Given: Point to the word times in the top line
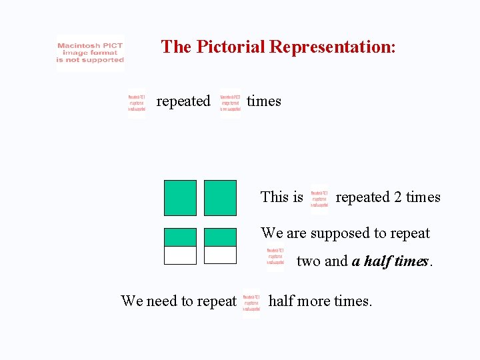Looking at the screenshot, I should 264,101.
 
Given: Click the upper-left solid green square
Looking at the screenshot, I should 180,198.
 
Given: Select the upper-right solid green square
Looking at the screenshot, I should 220,198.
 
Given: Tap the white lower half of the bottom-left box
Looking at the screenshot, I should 180,255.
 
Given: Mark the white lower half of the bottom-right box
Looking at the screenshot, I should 220,255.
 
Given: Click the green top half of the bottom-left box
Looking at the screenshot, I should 180,237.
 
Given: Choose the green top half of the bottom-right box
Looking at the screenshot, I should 220,237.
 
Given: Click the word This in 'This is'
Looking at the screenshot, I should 273,197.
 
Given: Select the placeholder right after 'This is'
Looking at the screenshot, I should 319,199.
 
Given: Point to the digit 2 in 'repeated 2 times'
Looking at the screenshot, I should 398,197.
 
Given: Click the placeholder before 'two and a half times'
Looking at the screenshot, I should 275,259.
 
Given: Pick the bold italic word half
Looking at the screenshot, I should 377,261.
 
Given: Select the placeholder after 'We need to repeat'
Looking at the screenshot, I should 251,305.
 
